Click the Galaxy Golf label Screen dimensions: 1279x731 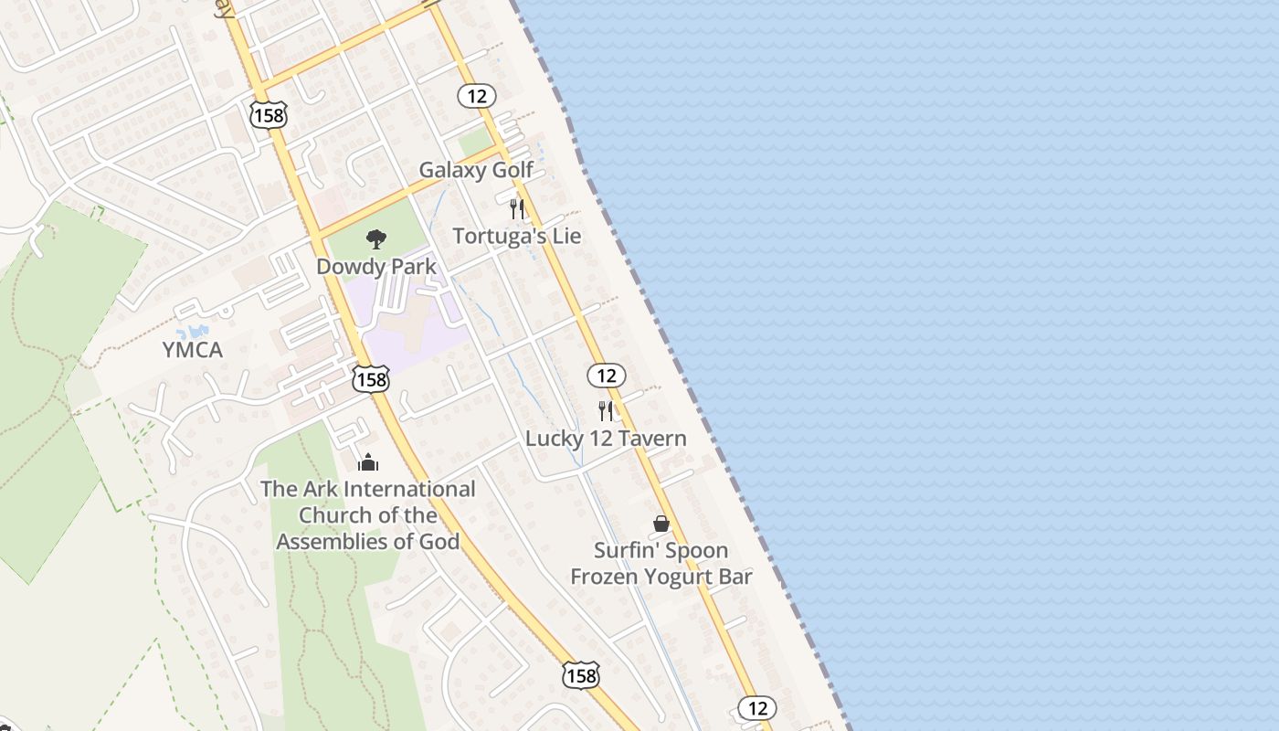pos(476,170)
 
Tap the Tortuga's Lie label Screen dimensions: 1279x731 pos(516,236)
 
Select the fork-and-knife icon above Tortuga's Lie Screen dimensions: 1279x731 pos(517,208)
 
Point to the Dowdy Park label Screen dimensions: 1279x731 pos(376,267)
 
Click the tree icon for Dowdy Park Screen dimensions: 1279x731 pos(375,240)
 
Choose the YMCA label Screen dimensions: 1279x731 pos(192,349)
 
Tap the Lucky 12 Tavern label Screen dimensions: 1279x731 pos(606,439)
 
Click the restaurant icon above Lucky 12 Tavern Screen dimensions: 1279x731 pos(606,410)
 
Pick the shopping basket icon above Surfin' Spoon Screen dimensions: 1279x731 pos(661,524)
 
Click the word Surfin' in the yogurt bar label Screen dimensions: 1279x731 pos(626,550)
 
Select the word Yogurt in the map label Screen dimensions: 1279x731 pos(682,577)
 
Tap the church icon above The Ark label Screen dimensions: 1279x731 pos(368,461)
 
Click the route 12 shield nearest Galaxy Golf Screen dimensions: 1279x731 pos(477,95)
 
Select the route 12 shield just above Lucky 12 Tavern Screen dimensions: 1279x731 pos(606,375)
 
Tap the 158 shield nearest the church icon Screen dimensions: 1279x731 pos(371,379)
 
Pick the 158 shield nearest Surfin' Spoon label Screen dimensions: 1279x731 pos(580,676)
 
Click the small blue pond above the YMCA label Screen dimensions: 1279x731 pos(194,330)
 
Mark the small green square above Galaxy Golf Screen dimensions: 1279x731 pos(475,142)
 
